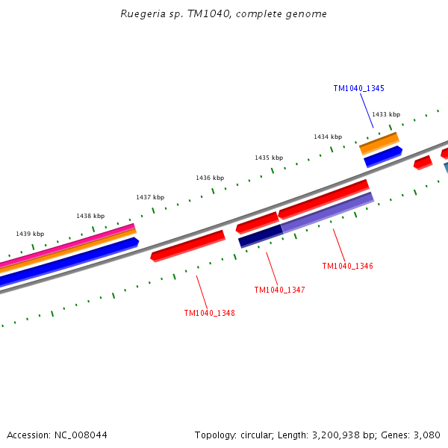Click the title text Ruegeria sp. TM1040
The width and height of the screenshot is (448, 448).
click(223, 14)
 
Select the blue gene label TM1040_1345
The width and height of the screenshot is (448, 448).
click(358, 88)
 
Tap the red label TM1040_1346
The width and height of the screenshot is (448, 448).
click(347, 266)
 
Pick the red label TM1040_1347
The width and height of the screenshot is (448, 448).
click(279, 290)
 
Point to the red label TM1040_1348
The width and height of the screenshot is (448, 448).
click(209, 313)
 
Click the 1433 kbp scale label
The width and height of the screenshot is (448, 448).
click(385, 114)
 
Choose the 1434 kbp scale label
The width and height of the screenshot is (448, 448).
click(327, 137)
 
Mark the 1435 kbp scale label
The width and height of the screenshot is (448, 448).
click(268, 158)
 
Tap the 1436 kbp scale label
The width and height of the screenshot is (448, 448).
click(210, 178)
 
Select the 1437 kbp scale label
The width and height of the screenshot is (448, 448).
click(149, 197)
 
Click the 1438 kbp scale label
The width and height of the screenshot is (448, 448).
click(90, 216)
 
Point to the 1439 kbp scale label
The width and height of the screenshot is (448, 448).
click(30, 234)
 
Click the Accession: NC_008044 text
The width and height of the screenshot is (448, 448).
click(57, 435)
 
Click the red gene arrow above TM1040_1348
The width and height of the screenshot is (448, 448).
click(187, 246)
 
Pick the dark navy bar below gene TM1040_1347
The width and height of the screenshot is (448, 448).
click(261, 236)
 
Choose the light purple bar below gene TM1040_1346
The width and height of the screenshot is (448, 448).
click(327, 212)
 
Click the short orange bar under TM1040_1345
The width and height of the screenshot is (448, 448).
click(379, 143)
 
